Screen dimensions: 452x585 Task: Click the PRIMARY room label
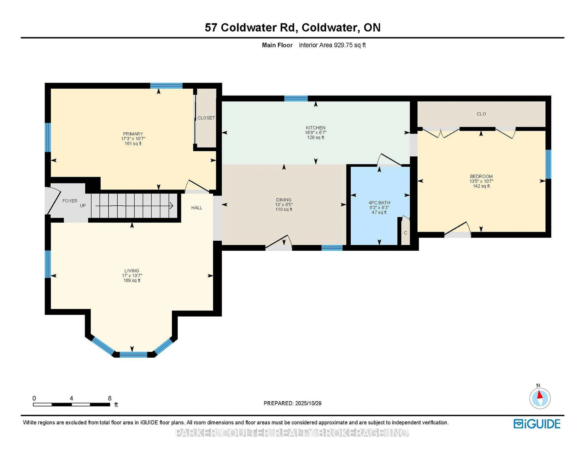(x=133, y=134)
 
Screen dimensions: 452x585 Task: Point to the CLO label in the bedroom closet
(x=481, y=114)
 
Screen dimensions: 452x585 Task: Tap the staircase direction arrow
(x=134, y=206)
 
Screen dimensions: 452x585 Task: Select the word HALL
(x=197, y=208)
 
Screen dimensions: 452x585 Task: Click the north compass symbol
(x=540, y=398)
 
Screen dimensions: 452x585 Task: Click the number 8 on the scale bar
(x=110, y=398)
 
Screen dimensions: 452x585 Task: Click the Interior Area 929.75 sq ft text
(x=332, y=45)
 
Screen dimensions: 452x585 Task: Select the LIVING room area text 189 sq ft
(x=132, y=280)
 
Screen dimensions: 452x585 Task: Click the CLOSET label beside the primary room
(x=206, y=118)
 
